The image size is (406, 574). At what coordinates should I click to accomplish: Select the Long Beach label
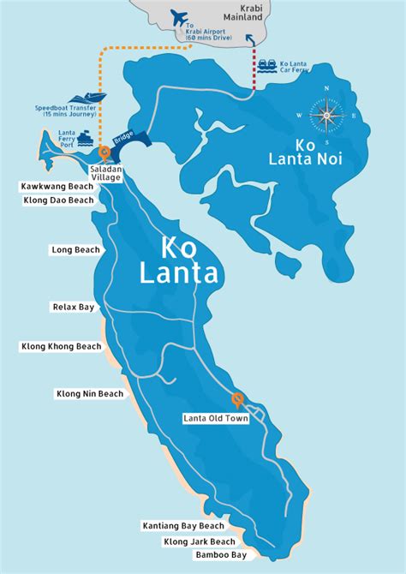point(75,250)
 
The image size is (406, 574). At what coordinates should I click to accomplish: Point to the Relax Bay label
point(75,306)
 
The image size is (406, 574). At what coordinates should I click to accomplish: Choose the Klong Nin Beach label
point(90,394)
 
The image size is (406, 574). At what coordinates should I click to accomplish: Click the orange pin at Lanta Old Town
point(237,398)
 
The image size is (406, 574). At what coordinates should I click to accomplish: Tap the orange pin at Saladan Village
point(104,153)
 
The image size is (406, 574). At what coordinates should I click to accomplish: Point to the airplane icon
point(179,17)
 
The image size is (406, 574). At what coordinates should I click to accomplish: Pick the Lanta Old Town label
point(216,419)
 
